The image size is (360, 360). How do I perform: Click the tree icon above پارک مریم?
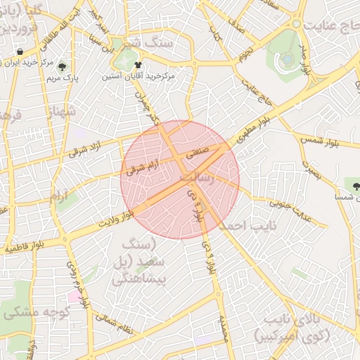pyautogui.click(x=63, y=67)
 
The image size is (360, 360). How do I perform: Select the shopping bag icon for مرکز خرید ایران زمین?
pyautogui.click(x=20, y=53)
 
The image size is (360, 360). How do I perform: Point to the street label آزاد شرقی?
pyautogui.click(x=86, y=147)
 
